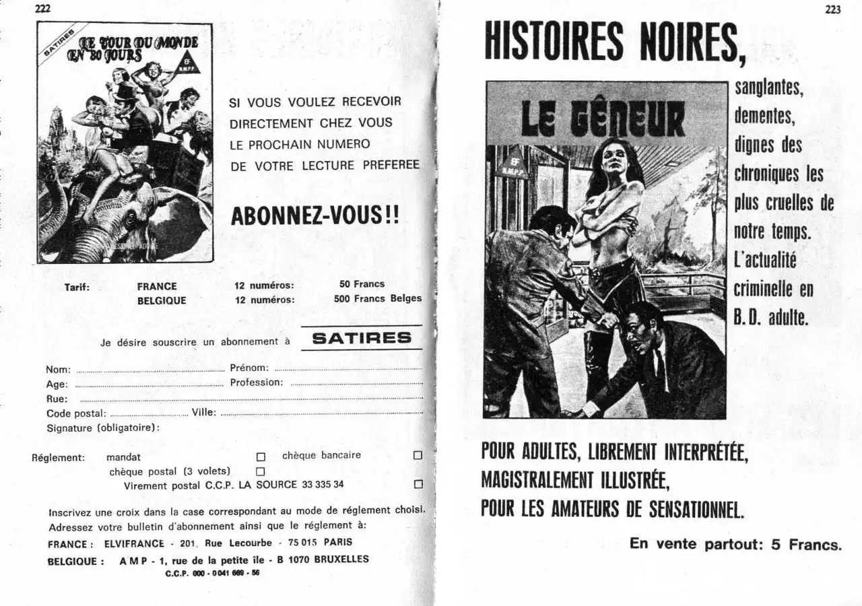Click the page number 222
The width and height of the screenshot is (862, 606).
click(x=42, y=9)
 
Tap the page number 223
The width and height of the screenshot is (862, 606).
click(x=832, y=9)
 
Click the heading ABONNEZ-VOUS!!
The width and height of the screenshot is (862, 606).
click(x=314, y=215)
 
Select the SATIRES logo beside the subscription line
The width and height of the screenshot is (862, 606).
click(x=362, y=338)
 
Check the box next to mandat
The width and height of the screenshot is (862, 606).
click(x=261, y=457)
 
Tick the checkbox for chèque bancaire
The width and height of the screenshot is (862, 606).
click(x=418, y=456)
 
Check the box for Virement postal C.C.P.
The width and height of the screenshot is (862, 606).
click(x=418, y=485)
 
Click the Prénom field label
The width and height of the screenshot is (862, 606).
click(x=249, y=368)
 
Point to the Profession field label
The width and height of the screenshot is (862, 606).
click(x=256, y=382)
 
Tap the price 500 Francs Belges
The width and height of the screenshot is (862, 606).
click(x=377, y=298)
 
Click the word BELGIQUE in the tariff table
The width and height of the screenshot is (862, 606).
click(x=162, y=300)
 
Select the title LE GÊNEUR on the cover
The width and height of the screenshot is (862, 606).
click(x=603, y=119)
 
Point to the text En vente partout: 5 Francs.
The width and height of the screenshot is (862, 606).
click(x=735, y=543)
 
